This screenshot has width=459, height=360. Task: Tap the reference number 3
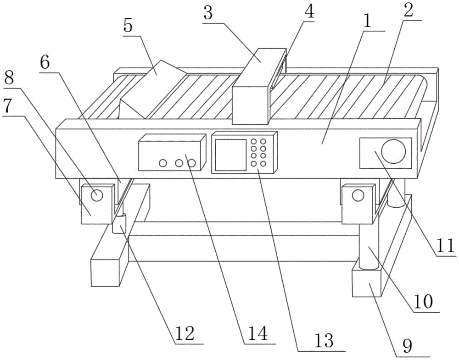(x=208, y=13)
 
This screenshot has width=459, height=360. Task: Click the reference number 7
(x=8, y=106)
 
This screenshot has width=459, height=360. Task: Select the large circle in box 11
(x=394, y=151)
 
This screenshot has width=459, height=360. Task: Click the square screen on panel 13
(x=230, y=155)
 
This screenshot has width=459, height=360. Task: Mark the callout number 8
(x=8, y=77)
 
